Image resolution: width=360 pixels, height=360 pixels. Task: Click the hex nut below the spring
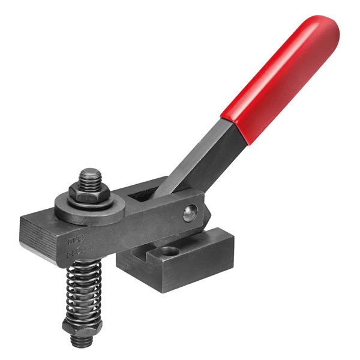(x=82, y=326)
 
